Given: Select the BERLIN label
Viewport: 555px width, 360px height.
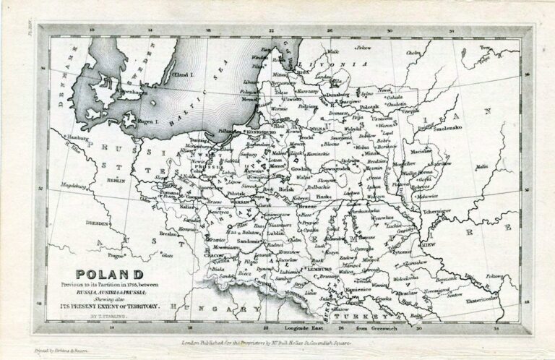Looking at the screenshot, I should point(116,180).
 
